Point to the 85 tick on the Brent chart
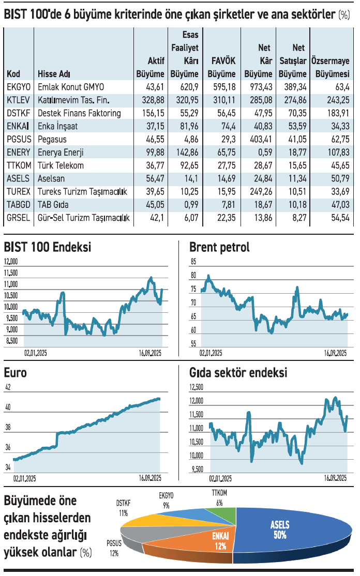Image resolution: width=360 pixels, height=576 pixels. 193,262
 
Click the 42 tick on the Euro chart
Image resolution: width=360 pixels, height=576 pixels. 8,387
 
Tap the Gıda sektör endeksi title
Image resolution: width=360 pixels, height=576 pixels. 238,373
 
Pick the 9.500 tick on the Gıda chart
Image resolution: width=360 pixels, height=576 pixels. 197,469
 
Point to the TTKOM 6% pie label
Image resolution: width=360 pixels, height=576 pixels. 220,497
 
